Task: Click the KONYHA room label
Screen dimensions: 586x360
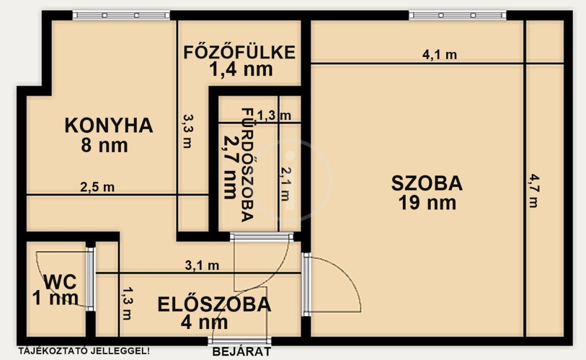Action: pyautogui.click(x=109, y=125)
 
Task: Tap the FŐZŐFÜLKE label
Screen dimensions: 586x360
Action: pyautogui.click(x=240, y=52)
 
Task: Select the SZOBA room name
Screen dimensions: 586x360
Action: pyautogui.click(x=427, y=183)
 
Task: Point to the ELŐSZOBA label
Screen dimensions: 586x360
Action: pyautogui.click(x=214, y=304)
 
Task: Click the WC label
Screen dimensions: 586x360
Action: pyautogui.click(x=60, y=282)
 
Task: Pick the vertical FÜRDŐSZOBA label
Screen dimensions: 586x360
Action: pyautogui.click(x=248, y=164)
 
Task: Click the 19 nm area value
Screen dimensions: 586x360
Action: pyautogui.click(x=427, y=203)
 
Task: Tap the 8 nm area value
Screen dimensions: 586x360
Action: pyautogui.click(x=104, y=145)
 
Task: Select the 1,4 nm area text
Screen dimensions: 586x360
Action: pyautogui.click(x=241, y=69)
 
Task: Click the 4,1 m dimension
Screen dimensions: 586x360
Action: pyautogui.click(x=440, y=54)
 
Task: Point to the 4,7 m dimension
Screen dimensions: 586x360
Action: pyautogui.click(x=534, y=190)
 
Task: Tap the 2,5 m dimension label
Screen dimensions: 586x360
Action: pyautogui.click(x=97, y=186)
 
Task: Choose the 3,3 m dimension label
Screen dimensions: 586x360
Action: pyautogui.click(x=188, y=131)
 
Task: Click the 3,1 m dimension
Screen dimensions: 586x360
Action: pyautogui.click(x=202, y=265)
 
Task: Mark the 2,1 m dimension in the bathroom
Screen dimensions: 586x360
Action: pyautogui.click(x=286, y=183)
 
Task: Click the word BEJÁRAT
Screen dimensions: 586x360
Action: pyautogui.click(x=241, y=352)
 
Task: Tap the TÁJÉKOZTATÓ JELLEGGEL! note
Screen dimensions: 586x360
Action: pyautogui.click(x=84, y=351)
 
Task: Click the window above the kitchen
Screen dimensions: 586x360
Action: pyautogui.click(x=121, y=15)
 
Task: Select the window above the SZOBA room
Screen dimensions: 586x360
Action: pyautogui.click(x=458, y=15)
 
